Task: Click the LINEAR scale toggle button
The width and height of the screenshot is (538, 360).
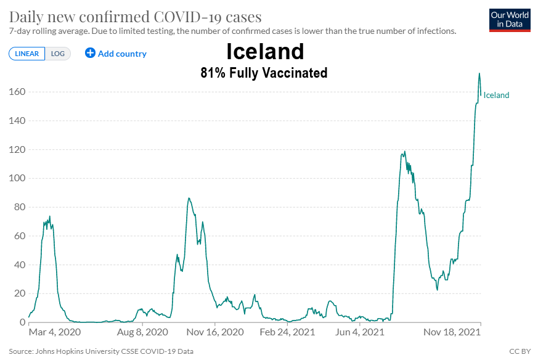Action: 26,54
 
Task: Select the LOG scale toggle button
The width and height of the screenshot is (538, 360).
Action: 58,54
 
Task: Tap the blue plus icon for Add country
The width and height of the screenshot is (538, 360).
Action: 90,53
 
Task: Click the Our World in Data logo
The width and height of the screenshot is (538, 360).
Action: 509,20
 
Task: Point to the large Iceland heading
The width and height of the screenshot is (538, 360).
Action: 265,51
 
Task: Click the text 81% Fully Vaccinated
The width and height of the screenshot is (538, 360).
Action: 264,73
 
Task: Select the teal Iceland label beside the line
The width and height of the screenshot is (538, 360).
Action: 496,95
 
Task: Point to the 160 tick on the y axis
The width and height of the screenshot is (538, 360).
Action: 17,92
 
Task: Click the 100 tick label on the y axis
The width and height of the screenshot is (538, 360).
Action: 17,178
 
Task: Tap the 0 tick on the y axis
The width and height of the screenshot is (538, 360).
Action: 22,322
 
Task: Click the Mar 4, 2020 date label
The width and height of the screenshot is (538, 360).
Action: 55,332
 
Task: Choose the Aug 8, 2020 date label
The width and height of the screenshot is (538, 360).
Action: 143,332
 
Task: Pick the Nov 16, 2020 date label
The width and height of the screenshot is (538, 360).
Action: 214,332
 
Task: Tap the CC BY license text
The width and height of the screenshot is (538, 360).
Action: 520,351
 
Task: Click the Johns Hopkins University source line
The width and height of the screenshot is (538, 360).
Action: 101,351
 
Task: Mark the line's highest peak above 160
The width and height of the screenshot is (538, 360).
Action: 479,73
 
